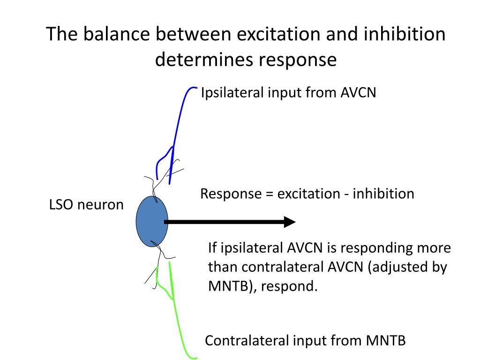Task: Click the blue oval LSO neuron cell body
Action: pyautogui.click(x=152, y=221)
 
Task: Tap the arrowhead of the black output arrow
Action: pyautogui.click(x=290, y=222)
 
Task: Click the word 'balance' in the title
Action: pyautogui.click(x=116, y=34)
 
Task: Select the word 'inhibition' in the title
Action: pyautogui.click(x=405, y=34)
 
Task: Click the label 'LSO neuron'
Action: pyautogui.click(x=86, y=204)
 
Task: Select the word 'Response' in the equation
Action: pyautogui.click(x=231, y=194)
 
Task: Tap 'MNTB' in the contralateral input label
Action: pyautogui.click(x=386, y=340)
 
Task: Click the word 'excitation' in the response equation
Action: pyautogui.click(x=308, y=194)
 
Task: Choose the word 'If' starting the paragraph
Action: pyautogui.click(x=212, y=247)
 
